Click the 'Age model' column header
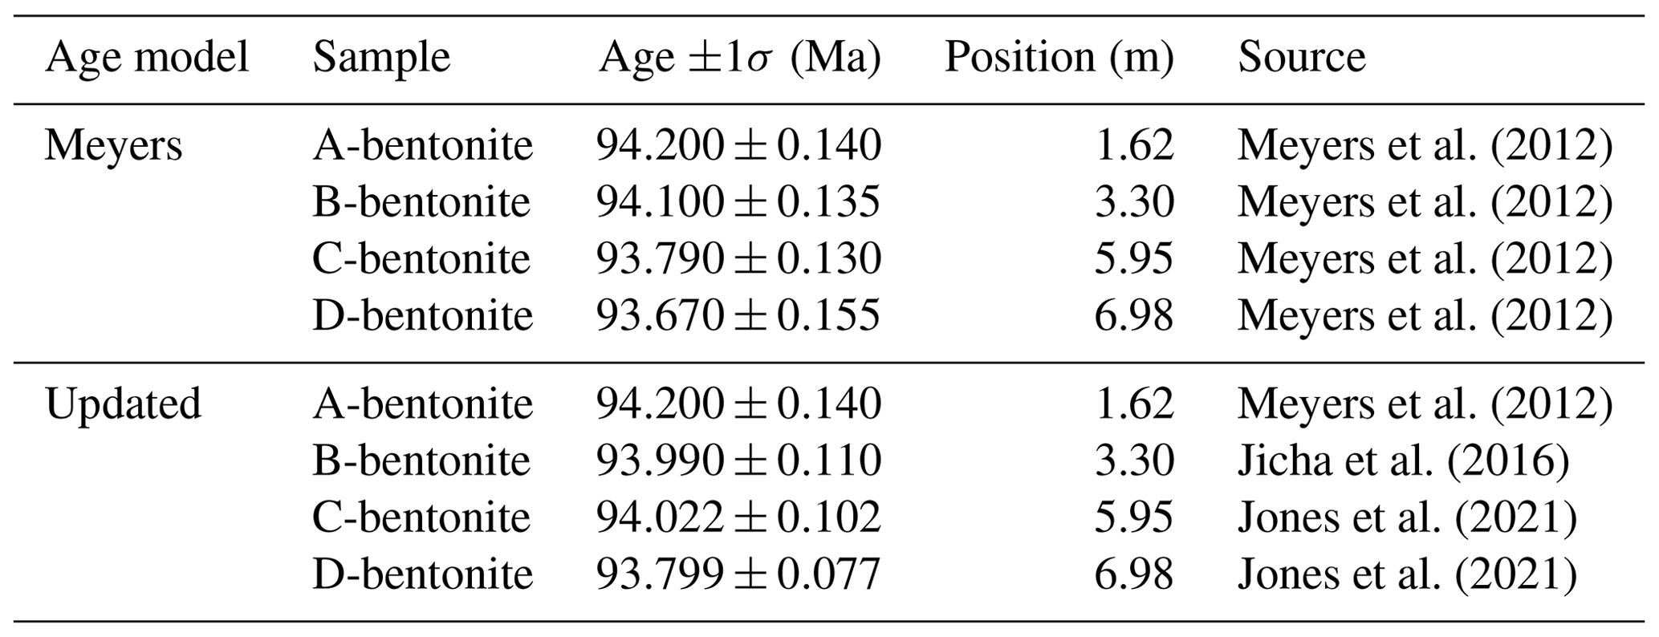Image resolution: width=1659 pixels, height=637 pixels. click(147, 58)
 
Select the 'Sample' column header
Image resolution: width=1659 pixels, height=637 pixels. click(381, 58)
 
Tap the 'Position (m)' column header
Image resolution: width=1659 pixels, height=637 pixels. click(1059, 58)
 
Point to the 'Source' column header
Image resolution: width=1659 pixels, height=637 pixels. click(1301, 58)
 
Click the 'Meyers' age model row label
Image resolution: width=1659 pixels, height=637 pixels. click(113, 146)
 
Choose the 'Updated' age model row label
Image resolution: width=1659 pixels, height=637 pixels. click(123, 404)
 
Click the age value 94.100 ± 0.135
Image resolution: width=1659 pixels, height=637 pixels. click(738, 202)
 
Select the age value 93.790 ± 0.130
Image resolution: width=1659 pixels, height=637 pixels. click(738, 258)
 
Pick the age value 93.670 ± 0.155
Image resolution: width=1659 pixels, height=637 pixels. click(738, 315)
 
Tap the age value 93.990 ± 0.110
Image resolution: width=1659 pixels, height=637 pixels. click(738, 461)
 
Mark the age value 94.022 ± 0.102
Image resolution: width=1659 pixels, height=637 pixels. click(738, 517)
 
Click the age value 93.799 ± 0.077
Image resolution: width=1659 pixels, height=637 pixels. click(738, 574)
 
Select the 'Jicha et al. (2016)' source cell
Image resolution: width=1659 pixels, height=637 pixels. click(1402, 461)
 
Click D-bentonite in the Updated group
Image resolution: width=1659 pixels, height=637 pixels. click(422, 574)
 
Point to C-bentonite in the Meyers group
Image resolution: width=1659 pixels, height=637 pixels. click(421, 258)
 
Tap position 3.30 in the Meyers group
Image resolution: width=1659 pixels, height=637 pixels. click(1133, 202)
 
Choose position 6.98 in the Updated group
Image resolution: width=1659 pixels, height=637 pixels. click(1133, 574)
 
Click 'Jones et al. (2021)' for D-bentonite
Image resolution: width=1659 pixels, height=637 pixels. click(1406, 574)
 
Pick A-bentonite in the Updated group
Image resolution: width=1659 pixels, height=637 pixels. click(422, 404)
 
